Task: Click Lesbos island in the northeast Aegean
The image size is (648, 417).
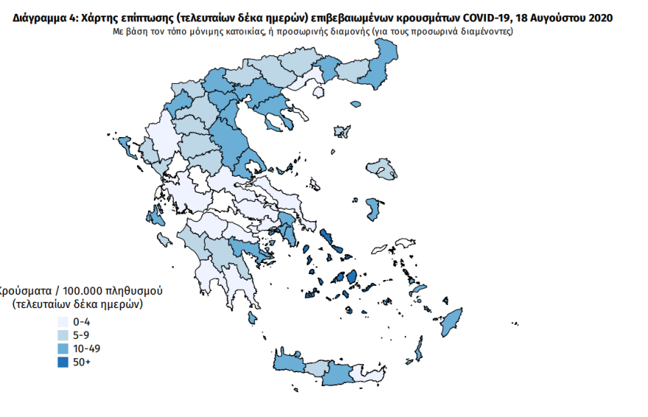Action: (x=384, y=169)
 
